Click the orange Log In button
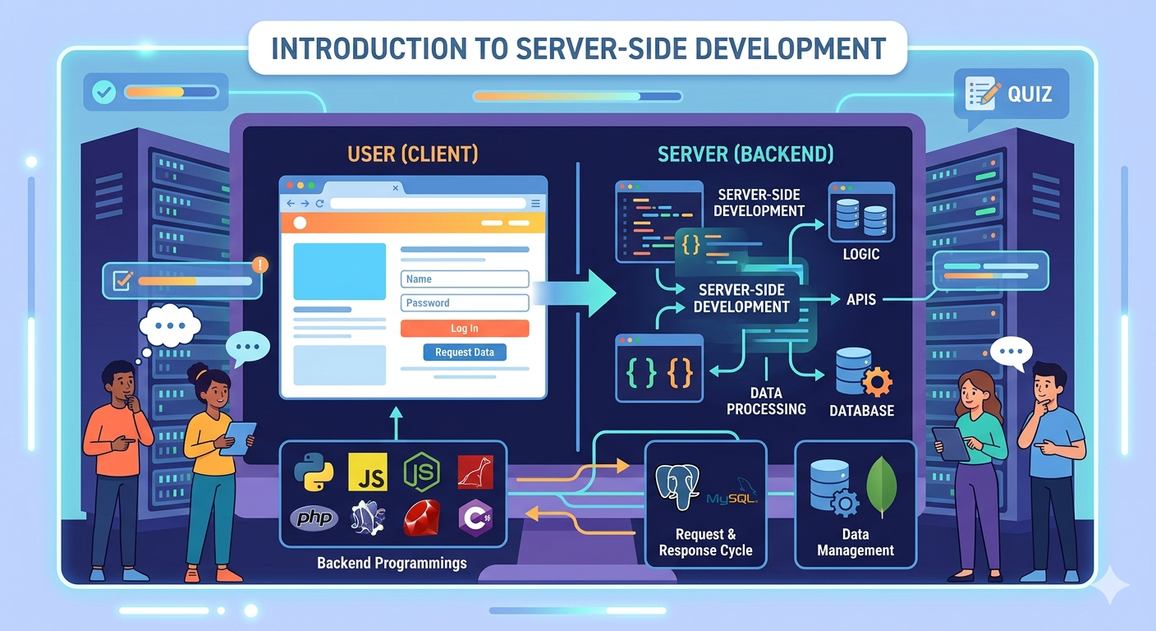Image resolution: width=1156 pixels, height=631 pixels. [x=465, y=329]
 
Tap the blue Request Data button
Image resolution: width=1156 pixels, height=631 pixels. [x=465, y=352]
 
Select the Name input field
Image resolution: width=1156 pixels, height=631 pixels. [x=465, y=279]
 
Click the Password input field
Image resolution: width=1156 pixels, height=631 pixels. [x=465, y=303]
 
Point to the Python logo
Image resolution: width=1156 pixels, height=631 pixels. [x=314, y=472]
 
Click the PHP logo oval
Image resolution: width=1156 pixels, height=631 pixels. [x=314, y=518]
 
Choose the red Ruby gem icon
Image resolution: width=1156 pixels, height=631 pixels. [x=422, y=518]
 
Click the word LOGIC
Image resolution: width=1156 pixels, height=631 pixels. [x=860, y=255]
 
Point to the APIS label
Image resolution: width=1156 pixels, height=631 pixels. [x=861, y=300]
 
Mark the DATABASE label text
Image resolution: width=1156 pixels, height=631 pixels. [x=861, y=410]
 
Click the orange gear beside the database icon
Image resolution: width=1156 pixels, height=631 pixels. [x=878, y=383]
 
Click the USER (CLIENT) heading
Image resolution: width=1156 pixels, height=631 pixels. [x=413, y=154]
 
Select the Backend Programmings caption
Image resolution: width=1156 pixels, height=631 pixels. [x=392, y=563]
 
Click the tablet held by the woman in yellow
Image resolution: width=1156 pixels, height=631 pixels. [x=239, y=437]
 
